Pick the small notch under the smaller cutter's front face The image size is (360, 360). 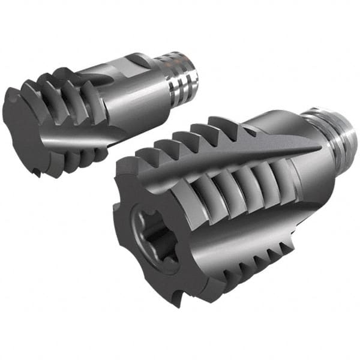tap(37, 172)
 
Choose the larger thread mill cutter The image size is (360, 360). tap(222, 204)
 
